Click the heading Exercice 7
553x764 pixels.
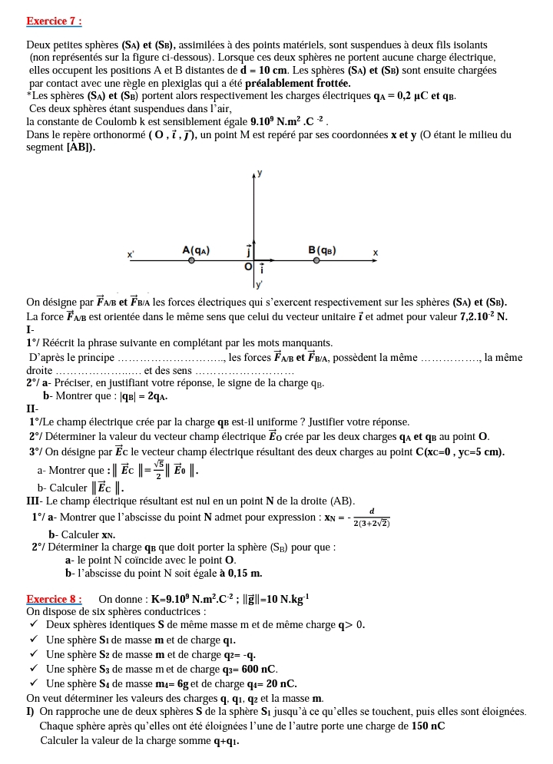(x=54, y=21)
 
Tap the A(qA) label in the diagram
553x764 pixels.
(x=196, y=250)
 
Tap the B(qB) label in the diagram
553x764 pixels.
(x=322, y=250)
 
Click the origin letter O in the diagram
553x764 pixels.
(x=247, y=266)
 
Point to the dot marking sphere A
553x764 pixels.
(x=191, y=261)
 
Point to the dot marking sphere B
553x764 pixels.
(x=319, y=261)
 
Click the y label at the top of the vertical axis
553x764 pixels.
(x=260, y=174)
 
